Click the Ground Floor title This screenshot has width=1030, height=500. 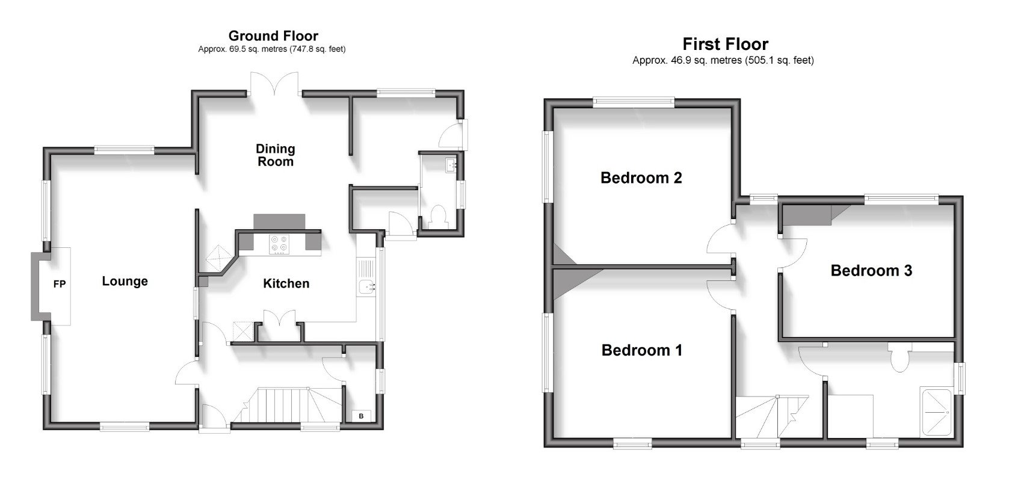click(273, 36)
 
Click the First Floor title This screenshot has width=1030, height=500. click(725, 44)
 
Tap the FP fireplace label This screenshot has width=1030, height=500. click(59, 284)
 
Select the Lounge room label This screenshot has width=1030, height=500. click(125, 281)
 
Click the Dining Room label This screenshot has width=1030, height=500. click(276, 155)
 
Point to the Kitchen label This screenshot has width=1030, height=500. click(286, 283)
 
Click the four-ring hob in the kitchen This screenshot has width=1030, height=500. click(278, 243)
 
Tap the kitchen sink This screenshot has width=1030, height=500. click(366, 287)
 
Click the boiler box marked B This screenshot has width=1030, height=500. click(361, 416)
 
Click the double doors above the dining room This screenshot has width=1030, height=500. click(274, 83)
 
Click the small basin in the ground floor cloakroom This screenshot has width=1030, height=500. click(451, 164)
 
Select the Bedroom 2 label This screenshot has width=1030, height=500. click(641, 178)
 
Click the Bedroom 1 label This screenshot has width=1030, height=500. click(641, 350)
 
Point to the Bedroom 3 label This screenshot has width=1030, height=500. click(871, 271)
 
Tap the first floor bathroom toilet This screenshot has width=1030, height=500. click(900, 358)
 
